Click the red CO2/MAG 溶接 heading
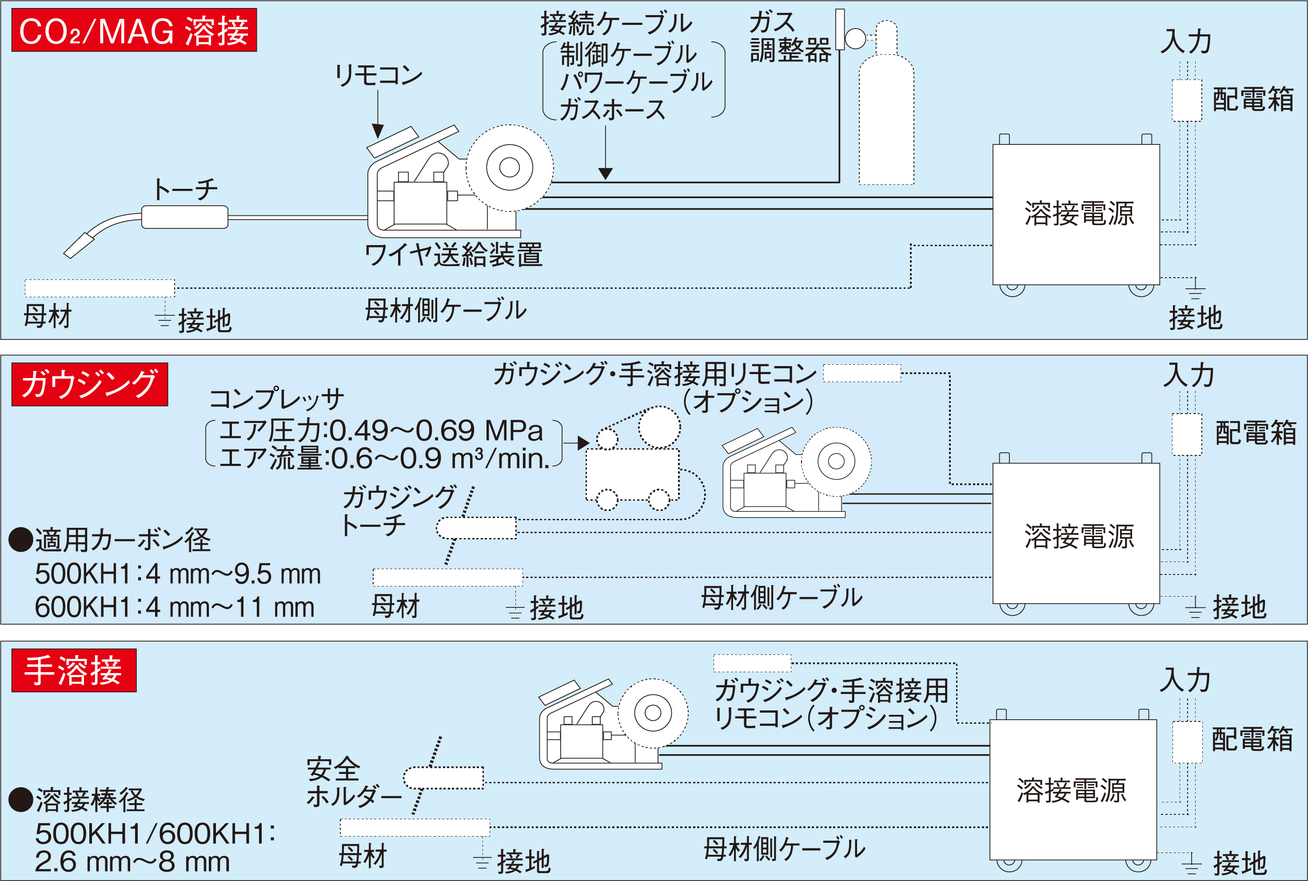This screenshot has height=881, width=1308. click(x=134, y=30)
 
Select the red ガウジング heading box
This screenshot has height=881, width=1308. click(x=89, y=384)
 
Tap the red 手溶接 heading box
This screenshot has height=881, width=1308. click(x=74, y=670)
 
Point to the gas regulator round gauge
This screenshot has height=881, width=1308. click(x=855, y=39)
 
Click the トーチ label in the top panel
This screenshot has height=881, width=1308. click(x=185, y=189)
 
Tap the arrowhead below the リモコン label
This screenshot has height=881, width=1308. click(x=378, y=132)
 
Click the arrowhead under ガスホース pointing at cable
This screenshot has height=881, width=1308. click(x=605, y=174)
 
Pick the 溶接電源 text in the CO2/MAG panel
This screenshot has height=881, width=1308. click(x=1079, y=214)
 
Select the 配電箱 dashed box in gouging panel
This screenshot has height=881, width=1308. click(x=1186, y=435)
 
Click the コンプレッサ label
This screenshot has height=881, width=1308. click(x=276, y=399)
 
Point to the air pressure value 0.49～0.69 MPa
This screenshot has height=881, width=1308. click(x=435, y=431)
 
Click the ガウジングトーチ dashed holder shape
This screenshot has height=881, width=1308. click(x=476, y=528)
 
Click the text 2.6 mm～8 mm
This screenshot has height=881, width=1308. click(x=132, y=862)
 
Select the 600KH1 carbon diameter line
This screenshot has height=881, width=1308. click(x=174, y=607)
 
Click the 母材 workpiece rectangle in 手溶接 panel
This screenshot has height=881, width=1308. click(x=414, y=827)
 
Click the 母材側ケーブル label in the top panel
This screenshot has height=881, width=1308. click(x=446, y=310)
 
